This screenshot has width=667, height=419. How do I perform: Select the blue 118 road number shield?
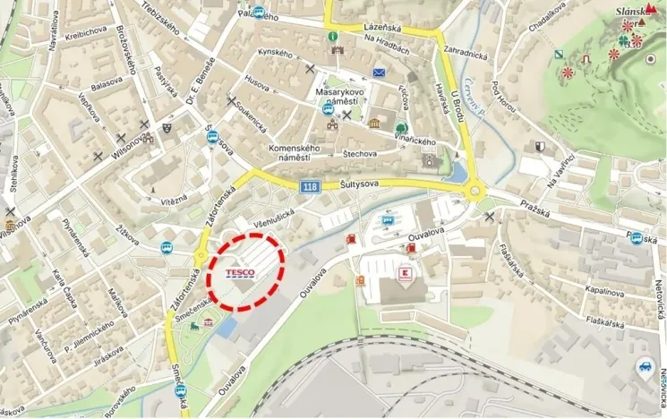310,185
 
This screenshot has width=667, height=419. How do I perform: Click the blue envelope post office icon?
379,72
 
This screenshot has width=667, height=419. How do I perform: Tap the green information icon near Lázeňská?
333,36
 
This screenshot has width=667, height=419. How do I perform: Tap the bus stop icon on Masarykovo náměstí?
328,109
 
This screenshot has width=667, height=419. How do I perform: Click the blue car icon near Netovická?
645,366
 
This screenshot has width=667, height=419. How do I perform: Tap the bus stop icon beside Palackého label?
260,13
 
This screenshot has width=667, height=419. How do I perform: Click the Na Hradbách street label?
387,48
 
